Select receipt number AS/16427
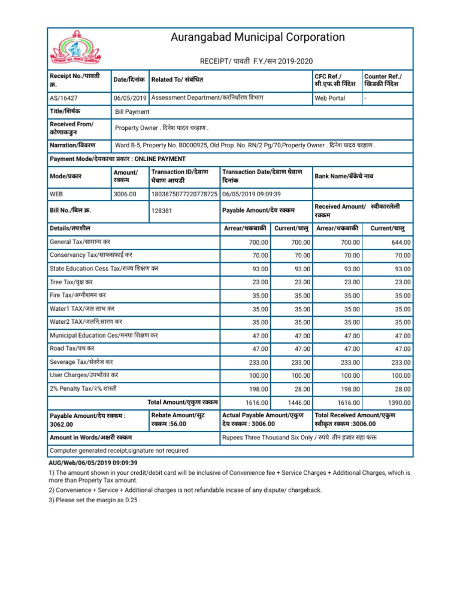[x=65, y=98]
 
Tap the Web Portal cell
[x=330, y=98]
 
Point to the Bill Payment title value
[x=132, y=112]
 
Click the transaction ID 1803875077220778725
[x=184, y=194]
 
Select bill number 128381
[x=162, y=211]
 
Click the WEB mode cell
[x=58, y=194]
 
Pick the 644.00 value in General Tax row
[x=400, y=242]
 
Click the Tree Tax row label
[x=71, y=282]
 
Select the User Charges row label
[x=83, y=375]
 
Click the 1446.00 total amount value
[x=299, y=403]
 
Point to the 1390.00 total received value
[x=400, y=403]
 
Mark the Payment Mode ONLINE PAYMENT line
[x=117, y=159]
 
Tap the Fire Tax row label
[x=77, y=295]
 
